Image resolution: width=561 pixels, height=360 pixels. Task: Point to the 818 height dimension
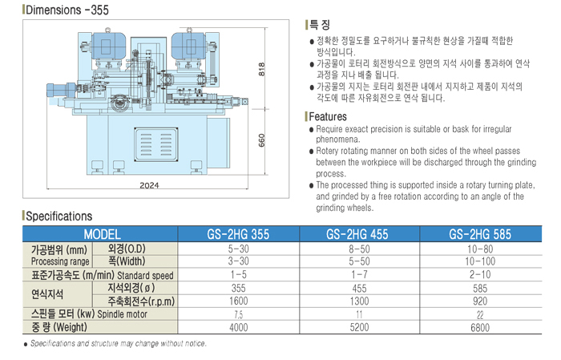pos(262,70)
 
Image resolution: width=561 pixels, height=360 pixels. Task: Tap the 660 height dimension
pos(262,138)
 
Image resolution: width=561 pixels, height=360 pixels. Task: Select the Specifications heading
pos(59,216)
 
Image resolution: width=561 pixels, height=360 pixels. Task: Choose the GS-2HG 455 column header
pos(359,235)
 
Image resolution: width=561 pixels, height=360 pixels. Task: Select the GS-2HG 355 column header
pos(238,235)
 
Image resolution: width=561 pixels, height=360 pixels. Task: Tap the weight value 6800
pos(481,326)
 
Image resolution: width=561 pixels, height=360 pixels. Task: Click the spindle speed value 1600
pos(238,301)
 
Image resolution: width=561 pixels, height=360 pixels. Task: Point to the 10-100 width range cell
pos(481,261)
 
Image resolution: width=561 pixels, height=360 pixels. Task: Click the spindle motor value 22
pos(481,313)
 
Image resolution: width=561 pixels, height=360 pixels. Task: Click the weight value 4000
pos(238,326)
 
